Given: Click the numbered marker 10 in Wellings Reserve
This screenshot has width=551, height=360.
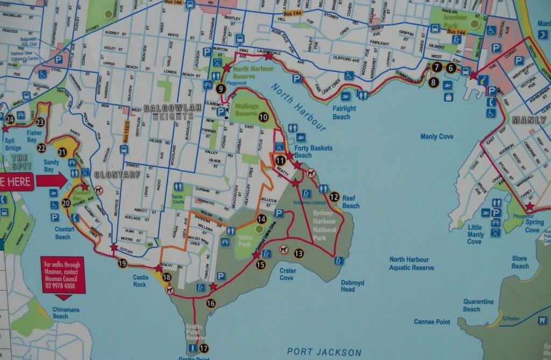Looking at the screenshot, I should tap(263, 117).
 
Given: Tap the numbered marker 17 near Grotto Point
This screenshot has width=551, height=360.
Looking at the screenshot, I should tap(203, 348).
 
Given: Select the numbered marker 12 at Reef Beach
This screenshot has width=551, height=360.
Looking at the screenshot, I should tap(334, 197).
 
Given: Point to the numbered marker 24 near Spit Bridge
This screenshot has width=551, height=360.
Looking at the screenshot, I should tap(10, 119).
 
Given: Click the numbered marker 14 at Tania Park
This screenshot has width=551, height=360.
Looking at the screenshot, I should tap(262, 219).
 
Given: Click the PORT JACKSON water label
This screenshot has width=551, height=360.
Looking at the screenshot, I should tap(324, 352).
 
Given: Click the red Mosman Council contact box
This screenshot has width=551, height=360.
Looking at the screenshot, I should tap(62, 277).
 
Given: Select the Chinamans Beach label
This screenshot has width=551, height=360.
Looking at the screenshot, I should tap(68, 313).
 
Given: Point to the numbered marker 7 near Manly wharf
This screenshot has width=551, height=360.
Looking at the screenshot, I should tap(437, 67).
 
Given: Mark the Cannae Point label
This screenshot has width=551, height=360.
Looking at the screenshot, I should tap(432, 322).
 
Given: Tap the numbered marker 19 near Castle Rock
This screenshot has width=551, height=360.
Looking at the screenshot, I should tap(122, 263).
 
